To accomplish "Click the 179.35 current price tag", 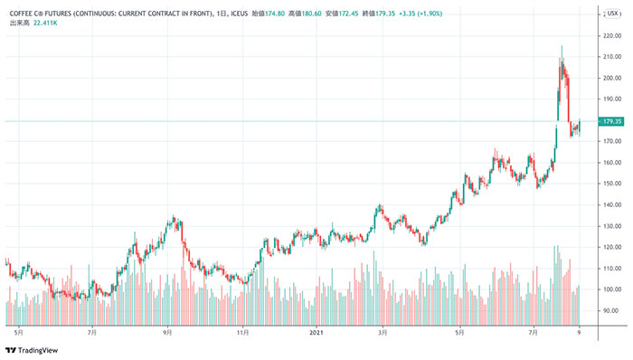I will (x=612, y=121).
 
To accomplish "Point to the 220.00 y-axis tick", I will (x=612, y=35).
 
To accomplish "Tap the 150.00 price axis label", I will (x=612, y=184).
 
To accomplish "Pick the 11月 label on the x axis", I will (x=242, y=332).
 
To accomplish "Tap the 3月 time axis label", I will (x=383, y=332).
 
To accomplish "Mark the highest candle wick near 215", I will (x=562, y=47).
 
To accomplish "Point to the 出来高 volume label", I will (x=18, y=23).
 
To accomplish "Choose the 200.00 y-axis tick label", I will (x=612, y=78).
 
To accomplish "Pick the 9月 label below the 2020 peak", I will (x=167, y=332).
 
